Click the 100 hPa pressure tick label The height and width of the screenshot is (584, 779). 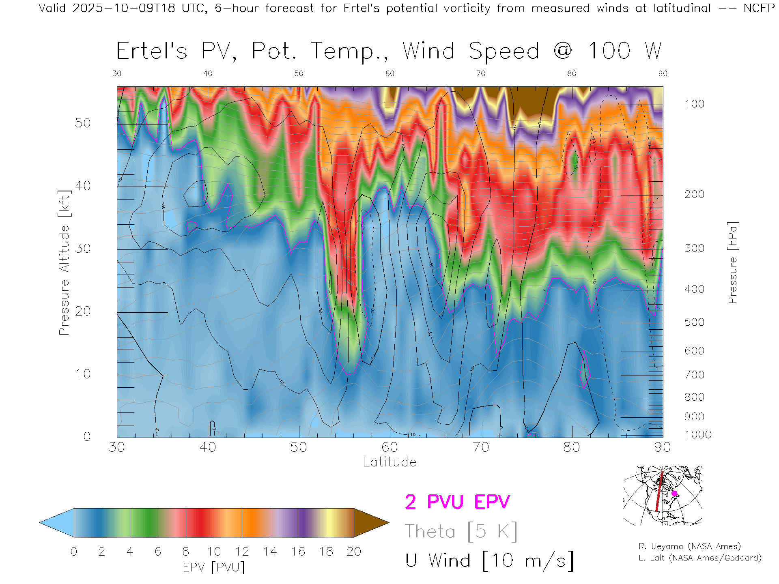695,104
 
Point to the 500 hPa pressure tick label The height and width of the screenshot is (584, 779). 695,322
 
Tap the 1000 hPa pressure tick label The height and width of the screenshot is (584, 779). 698,435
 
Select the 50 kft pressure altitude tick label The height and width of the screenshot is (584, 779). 82,123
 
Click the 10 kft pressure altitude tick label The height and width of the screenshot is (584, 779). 83,374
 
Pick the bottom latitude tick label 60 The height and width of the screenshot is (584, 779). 389,447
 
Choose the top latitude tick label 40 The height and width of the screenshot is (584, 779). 208,73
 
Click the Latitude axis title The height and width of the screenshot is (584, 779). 389,462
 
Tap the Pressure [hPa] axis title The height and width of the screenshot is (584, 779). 732,262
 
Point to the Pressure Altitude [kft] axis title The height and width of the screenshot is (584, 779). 64,262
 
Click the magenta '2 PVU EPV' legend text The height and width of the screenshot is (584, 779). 457,502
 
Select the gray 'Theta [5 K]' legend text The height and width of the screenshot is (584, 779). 461,531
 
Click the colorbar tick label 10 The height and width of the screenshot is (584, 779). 214,552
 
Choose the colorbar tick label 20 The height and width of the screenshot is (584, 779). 354,552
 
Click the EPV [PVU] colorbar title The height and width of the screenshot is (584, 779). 214,567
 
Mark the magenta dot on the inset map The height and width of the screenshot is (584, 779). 674,494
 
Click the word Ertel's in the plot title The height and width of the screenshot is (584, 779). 152,52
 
